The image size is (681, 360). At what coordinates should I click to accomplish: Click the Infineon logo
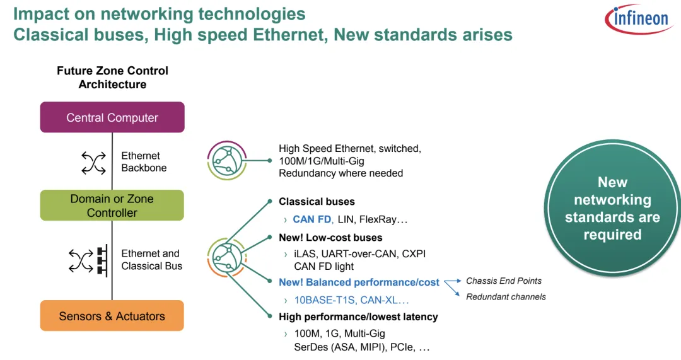tap(637, 19)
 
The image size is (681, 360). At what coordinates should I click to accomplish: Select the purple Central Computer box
tap(112, 117)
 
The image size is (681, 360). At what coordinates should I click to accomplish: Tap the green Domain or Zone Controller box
tap(112, 206)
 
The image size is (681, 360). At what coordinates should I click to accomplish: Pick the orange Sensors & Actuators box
tap(112, 316)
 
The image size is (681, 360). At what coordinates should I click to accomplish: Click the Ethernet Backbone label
tap(144, 162)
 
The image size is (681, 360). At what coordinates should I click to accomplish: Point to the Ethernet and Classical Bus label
tap(151, 260)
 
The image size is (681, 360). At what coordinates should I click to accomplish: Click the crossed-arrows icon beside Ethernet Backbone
tap(94, 162)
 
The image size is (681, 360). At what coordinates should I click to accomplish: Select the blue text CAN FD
tap(312, 220)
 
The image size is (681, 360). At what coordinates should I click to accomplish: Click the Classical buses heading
tap(317, 202)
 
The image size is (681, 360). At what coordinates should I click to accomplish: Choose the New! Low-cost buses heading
tap(330, 238)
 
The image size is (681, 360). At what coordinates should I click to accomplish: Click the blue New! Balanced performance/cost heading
tap(359, 282)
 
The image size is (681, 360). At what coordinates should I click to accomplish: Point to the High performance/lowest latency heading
tap(358, 316)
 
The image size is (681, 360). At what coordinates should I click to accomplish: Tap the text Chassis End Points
tap(503, 281)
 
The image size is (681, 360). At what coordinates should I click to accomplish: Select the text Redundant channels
tap(506, 297)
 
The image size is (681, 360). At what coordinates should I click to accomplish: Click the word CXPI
tap(413, 254)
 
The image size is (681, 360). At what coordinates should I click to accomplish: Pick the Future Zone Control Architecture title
tap(112, 78)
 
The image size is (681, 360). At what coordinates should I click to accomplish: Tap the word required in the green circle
tap(612, 235)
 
